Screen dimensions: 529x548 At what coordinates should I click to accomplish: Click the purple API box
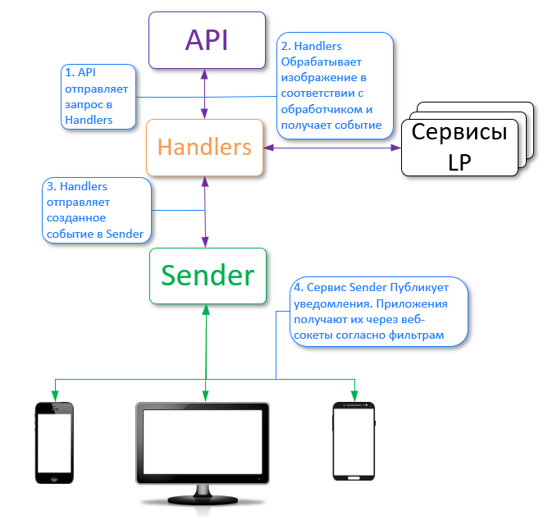pyautogui.click(x=206, y=39)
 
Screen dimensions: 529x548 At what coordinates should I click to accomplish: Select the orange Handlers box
pyautogui.click(x=204, y=148)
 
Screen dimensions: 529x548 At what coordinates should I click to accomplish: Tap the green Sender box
pyautogui.click(x=207, y=275)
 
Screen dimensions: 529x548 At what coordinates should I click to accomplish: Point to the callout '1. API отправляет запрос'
pyautogui.click(x=98, y=97)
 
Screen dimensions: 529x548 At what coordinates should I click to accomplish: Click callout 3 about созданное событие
pyautogui.click(x=97, y=211)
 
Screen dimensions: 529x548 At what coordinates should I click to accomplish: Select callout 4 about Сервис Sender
pyautogui.click(x=380, y=311)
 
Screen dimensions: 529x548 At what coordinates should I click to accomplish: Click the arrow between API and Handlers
pyautogui.click(x=205, y=93)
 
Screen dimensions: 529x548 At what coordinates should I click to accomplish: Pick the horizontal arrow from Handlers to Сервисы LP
pyautogui.click(x=332, y=148)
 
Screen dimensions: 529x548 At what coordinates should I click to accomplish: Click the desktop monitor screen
pyautogui.click(x=203, y=444)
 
